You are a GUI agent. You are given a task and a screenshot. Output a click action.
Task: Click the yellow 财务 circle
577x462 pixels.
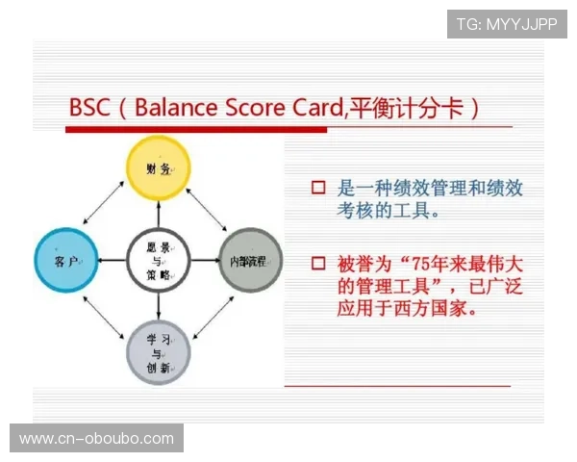click(x=160, y=168)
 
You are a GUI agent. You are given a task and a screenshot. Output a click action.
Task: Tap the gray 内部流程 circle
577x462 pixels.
click(x=251, y=260)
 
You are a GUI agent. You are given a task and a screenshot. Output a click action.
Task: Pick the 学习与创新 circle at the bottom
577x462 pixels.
click(x=159, y=352)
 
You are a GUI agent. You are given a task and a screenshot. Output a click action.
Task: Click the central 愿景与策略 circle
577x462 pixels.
click(x=159, y=260)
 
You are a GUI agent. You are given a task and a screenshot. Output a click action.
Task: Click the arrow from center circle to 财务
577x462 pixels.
click(x=160, y=215)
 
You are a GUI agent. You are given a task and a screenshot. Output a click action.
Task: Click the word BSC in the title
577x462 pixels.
click(x=89, y=106)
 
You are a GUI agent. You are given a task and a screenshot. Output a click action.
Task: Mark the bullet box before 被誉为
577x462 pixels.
click(x=318, y=262)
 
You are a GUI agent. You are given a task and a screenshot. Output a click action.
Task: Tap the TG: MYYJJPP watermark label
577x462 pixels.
click(x=507, y=23)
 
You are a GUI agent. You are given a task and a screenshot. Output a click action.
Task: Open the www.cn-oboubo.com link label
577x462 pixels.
click(x=96, y=439)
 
